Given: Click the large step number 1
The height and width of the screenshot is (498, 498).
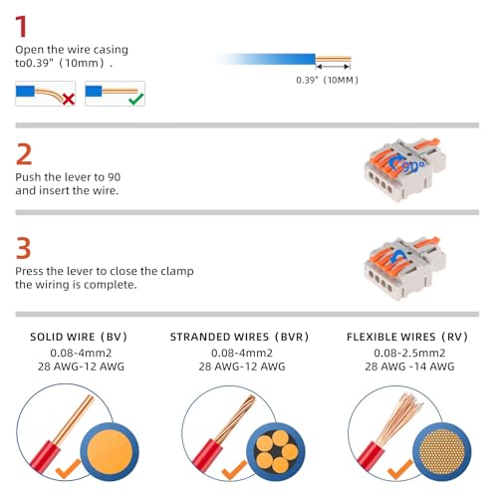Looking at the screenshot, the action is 22,26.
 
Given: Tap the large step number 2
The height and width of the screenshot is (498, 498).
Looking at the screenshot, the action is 24,153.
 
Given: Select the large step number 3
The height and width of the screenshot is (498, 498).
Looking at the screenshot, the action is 23,248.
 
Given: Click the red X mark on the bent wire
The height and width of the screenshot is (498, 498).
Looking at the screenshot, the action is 68,99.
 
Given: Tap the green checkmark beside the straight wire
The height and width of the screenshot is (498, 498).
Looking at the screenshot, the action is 136,99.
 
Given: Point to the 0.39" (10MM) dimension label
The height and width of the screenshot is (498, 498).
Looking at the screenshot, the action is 327,80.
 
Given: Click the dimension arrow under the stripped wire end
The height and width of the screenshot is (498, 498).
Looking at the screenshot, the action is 333,67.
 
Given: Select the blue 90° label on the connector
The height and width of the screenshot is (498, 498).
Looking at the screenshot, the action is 412,166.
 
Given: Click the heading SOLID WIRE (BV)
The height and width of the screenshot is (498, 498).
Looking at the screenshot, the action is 79,337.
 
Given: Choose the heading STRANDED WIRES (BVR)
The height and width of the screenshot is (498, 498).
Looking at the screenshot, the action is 239,337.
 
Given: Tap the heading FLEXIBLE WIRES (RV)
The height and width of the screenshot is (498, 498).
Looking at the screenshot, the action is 407,337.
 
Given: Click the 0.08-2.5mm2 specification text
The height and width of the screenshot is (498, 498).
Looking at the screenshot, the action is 409,353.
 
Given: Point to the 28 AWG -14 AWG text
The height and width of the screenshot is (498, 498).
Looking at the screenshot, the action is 409,367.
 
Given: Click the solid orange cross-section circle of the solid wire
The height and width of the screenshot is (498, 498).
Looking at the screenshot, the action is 110,452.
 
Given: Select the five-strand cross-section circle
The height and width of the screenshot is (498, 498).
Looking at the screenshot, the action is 276,452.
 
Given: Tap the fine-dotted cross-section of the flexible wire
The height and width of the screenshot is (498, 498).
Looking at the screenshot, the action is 442,452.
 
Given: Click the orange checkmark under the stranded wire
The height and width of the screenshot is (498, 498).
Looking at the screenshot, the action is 234,470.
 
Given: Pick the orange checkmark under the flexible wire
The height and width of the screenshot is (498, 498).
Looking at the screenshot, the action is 400,470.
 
